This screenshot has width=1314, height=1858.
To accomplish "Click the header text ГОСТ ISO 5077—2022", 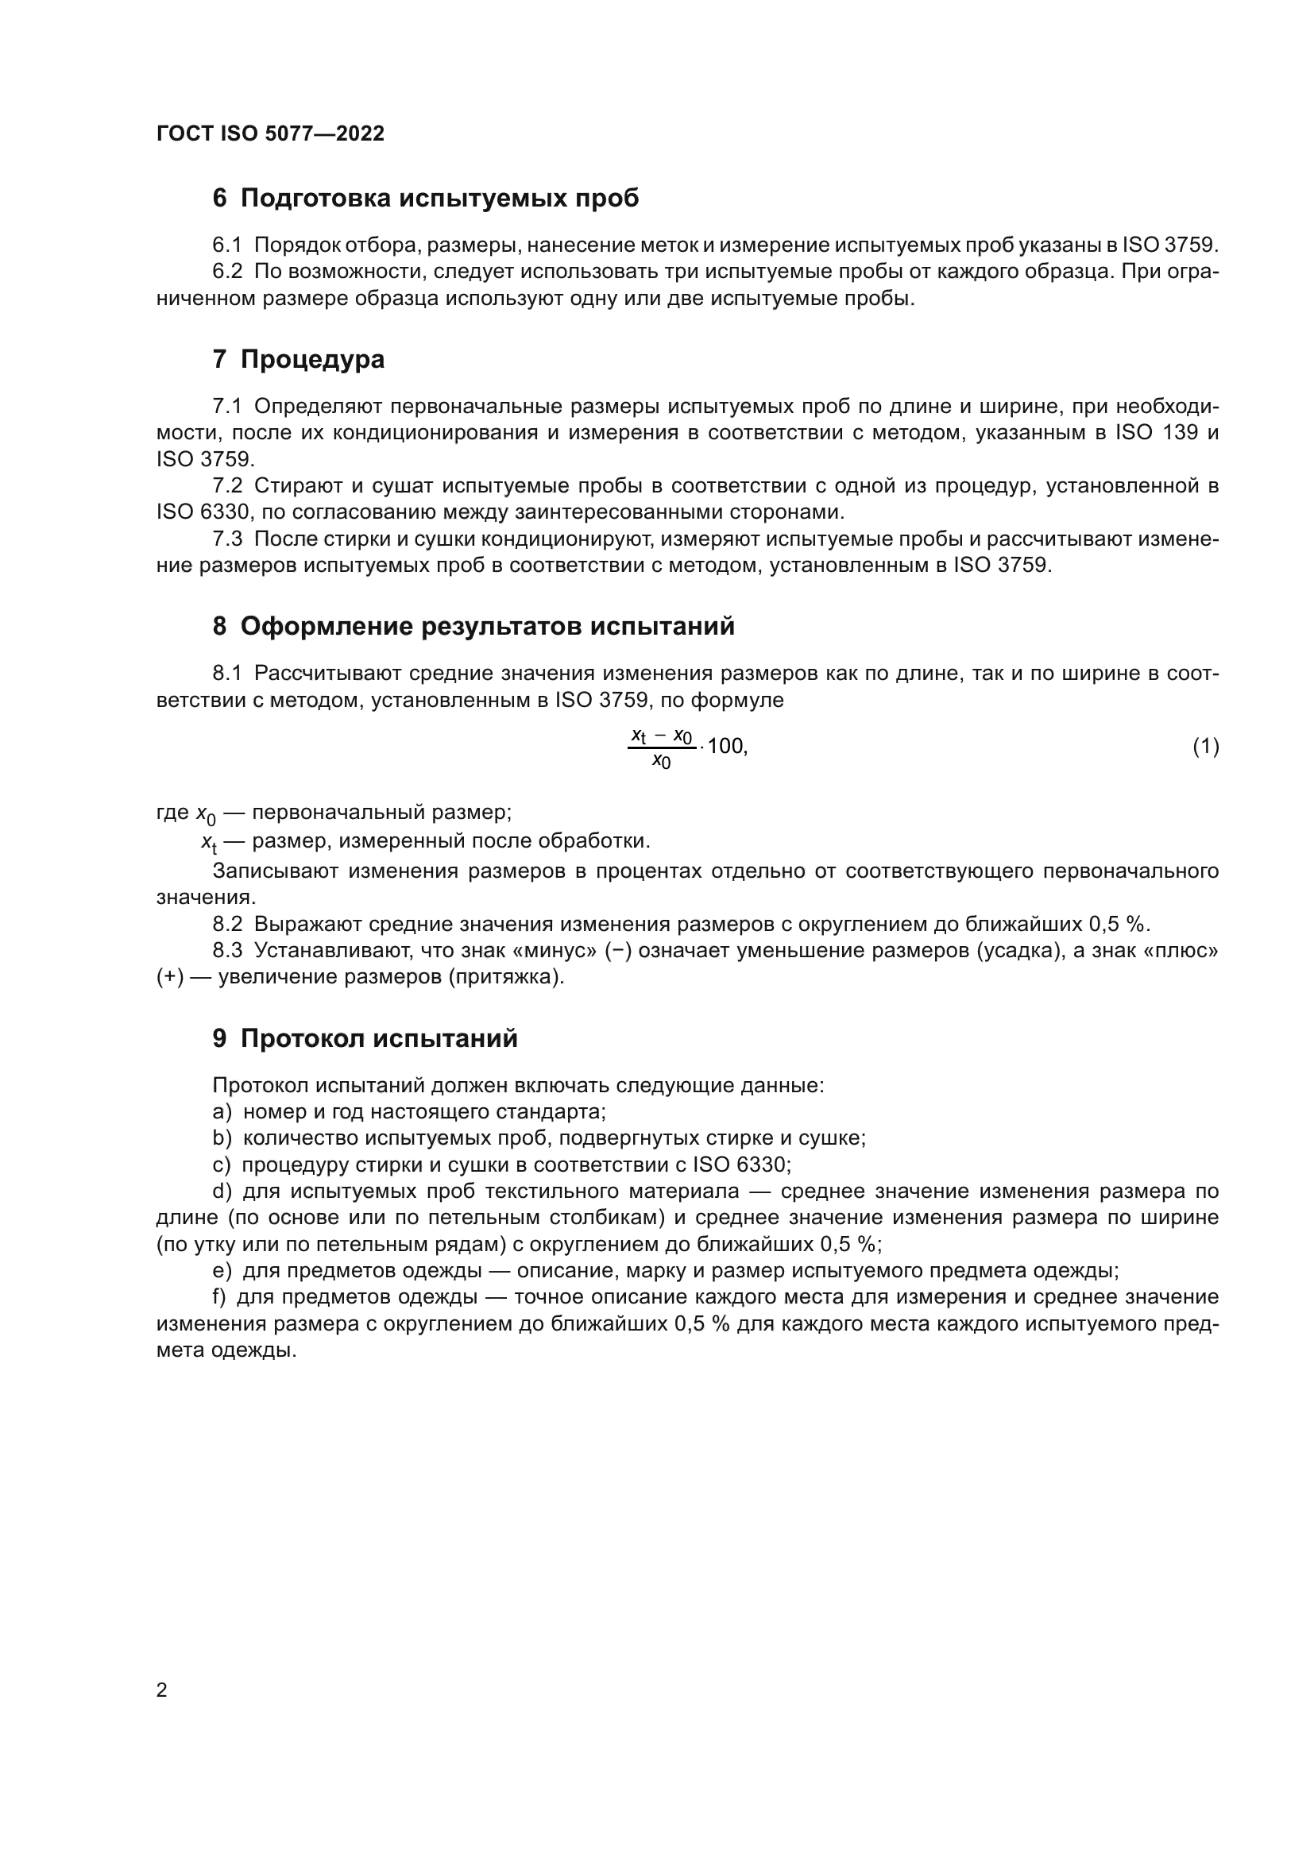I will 270,133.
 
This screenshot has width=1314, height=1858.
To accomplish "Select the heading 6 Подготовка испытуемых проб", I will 426,198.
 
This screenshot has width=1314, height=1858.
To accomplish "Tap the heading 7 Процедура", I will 299,358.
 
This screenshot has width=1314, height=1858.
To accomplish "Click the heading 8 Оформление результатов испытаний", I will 473,625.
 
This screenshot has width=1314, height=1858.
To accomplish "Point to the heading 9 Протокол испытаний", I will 365,1037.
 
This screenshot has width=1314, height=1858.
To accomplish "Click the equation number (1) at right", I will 1205,746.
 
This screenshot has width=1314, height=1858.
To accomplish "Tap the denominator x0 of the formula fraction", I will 661,763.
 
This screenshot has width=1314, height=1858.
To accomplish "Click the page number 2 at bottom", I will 162,1690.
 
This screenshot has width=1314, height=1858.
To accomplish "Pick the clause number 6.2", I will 227,272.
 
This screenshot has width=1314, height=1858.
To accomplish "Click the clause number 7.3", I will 227,539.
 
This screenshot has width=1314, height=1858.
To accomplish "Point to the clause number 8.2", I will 227,924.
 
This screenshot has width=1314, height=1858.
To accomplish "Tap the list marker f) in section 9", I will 220,1297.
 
